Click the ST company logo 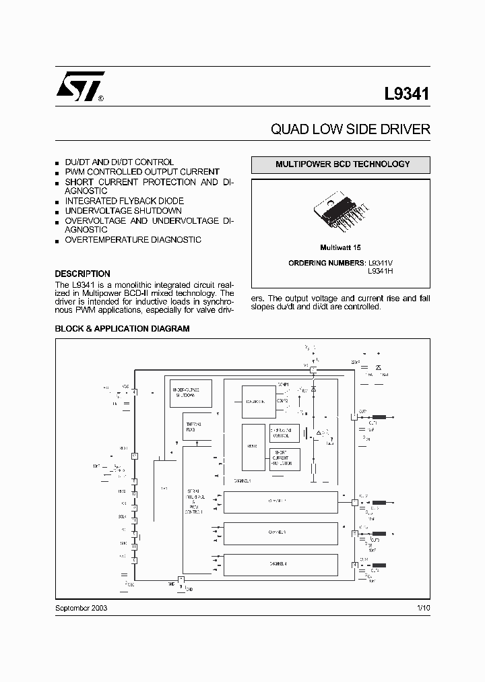tap(79, 86)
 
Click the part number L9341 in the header tap(407, 94)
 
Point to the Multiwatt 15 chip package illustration tap(341, 215)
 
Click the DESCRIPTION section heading tap(82, 274)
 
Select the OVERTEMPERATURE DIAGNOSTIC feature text tap(133, 240)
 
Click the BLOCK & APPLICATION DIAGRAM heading tap(122, 329)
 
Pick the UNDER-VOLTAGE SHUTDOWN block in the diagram tap(191, 394)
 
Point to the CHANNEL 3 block tap(281, 532)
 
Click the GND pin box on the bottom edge tap(181, 580)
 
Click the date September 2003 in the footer tap(81, 608)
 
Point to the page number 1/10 tap(423, 608)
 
